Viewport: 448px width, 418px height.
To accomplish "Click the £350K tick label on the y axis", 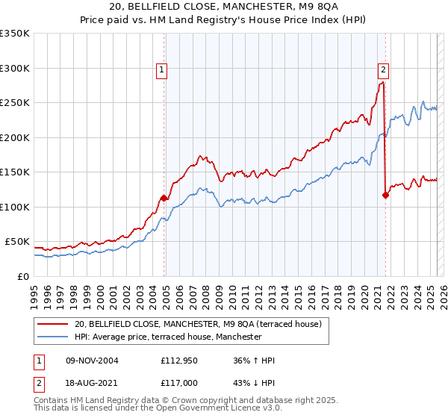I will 15,34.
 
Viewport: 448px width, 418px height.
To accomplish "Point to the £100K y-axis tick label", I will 15,207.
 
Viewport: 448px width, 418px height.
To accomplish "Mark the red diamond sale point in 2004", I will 164,198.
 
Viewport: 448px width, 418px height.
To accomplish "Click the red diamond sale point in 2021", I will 385,195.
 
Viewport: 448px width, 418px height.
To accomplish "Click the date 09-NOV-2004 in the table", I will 92,361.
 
